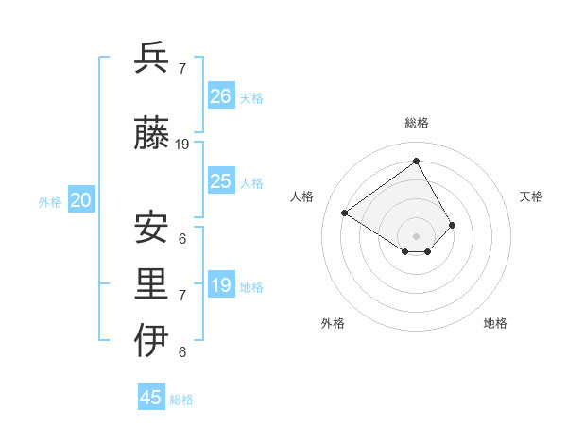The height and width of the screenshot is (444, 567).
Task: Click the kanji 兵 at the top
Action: pos(153,59)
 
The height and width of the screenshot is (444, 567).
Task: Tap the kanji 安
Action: pos(153,228)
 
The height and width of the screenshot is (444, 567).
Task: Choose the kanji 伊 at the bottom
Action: pos(153,341)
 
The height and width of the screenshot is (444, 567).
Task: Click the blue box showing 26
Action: pos(221,96)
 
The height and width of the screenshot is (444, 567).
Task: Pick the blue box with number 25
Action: pos(221,181)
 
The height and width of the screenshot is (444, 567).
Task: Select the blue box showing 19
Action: pos(221,285)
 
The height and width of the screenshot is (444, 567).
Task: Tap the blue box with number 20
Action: pos(81,200)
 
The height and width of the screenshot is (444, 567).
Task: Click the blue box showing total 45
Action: pos(151,398)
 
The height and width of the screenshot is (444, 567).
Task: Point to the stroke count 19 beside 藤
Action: pos(182,145)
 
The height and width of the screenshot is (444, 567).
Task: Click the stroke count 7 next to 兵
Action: pos(182,69)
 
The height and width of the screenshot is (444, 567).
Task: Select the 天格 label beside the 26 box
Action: pos(251,97)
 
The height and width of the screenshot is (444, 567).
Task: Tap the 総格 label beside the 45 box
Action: pos(181,400)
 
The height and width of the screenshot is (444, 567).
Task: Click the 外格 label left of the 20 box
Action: pos(50,201)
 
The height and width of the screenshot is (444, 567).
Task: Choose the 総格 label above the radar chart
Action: pos(417,123)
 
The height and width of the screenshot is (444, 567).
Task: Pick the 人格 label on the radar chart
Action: pos(302,196)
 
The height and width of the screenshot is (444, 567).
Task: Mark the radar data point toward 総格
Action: pos(416,162)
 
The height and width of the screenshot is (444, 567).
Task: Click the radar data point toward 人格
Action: pos(345,213)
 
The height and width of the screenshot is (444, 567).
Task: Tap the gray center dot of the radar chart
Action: pos(416,235)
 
